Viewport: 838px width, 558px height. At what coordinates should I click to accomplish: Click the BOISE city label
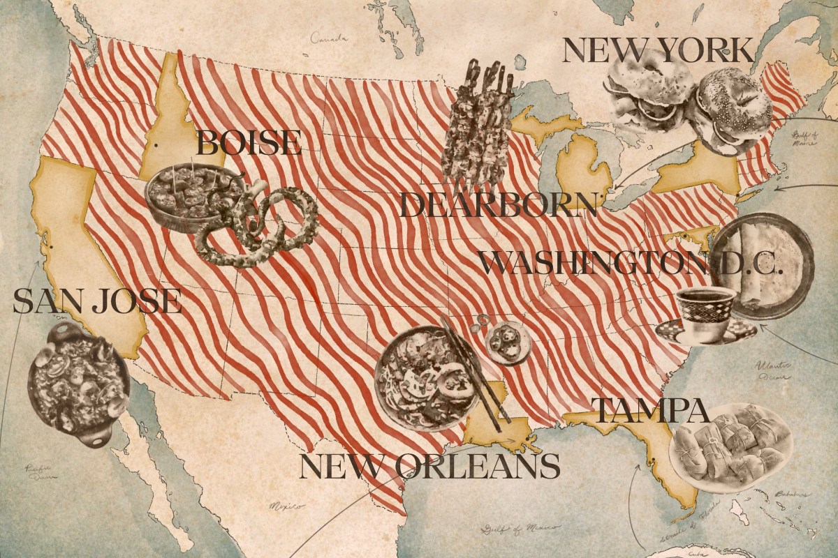coord(248,143)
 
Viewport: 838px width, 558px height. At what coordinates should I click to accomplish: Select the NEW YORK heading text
coord(658,51)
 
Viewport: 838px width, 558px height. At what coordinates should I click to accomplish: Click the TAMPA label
coord(650,412)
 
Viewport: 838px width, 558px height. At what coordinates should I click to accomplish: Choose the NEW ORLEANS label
coord(429,466)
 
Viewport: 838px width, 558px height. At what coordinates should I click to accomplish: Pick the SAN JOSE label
coord(97,301)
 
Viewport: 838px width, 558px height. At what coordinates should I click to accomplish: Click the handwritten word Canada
coord(329,38)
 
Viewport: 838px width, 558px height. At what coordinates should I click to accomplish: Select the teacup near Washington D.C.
coord(705,314)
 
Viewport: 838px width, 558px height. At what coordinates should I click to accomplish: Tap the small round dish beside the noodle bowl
coord(509,342)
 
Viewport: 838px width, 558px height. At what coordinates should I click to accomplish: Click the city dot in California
coord(52,246)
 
